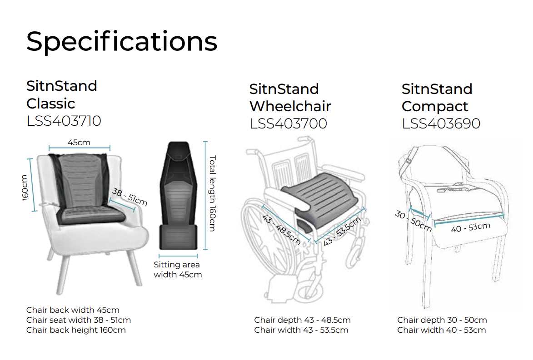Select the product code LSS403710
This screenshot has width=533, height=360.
[x=64, y=121]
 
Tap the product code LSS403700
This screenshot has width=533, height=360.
[x=288, y=123]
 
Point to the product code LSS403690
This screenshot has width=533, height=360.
[x=441, y=123]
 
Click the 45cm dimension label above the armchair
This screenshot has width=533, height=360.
[x=79, y=143]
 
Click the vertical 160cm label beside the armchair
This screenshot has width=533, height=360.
[x=25, y=188]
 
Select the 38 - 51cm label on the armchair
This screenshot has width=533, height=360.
[x=130, y=197]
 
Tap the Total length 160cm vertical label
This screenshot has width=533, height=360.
[x=213, y=193]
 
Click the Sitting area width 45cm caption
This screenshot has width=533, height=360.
[x=178, y=270]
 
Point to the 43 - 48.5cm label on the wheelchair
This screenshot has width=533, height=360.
[x=281, y=230]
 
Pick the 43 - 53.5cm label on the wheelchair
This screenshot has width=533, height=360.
[x=342, y=231]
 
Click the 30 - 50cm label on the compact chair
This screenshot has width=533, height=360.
[x=413, y=221]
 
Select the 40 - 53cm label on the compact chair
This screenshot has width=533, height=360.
[x=471, y=227]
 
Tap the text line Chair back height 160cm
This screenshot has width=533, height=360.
[x=76, y=330]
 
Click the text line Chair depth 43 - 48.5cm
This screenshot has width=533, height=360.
[x=302, y=320]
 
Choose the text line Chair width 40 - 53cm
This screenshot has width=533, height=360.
[x=441, y=330]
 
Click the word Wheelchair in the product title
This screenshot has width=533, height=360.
[x=290, y=106]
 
